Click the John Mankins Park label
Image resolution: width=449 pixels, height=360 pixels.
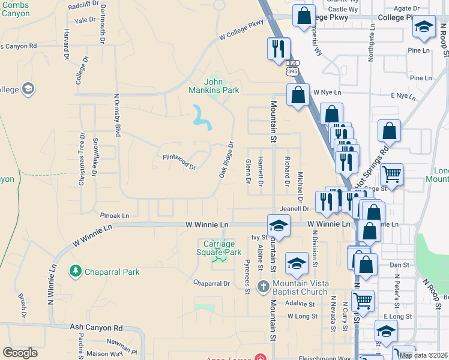coord(221,86)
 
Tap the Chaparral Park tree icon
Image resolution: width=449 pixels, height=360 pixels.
coord(76,272)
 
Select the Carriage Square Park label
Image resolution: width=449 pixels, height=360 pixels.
coord(218,248)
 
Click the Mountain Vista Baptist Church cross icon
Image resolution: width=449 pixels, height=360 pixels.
coord(263,287)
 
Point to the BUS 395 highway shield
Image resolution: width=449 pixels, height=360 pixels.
coord(292,68)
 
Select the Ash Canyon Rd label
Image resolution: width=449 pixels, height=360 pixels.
coord(96,328)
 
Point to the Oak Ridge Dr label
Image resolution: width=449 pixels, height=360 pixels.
coord(226,160)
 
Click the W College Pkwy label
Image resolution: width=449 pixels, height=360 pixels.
coord(241,30)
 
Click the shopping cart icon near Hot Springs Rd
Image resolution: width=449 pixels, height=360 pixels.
coord(391,175)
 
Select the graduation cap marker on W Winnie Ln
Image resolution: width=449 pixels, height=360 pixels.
coord(279,226)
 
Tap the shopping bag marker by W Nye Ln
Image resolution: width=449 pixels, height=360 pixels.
coord(298,95)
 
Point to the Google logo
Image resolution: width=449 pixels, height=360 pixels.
coord(20,352)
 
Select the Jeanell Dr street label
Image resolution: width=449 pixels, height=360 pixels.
coord(294,208)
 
